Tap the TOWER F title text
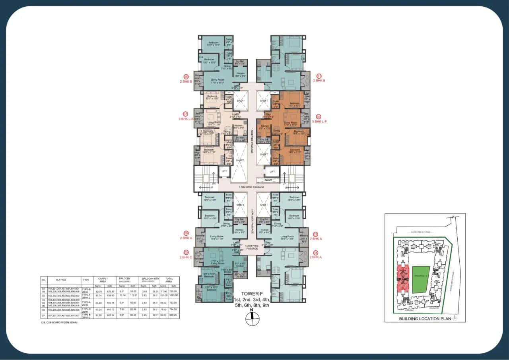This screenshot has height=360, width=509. (252, 293)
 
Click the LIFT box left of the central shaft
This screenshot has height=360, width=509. (224, 171)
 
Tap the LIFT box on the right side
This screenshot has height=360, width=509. (272, 171)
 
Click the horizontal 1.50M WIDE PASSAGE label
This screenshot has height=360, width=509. (252, 186)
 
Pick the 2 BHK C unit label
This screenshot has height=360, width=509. (186, 257)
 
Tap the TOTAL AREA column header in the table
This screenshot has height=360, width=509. (169, 280)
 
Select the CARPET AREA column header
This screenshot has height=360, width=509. (103, 280)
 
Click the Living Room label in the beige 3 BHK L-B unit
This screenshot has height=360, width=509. (214, 123)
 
